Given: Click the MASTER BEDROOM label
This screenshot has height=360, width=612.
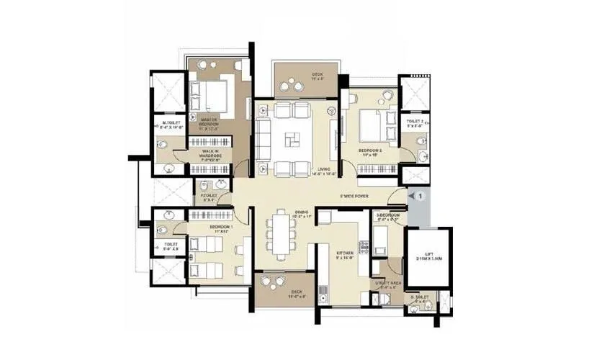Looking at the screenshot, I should [x=209, y=123].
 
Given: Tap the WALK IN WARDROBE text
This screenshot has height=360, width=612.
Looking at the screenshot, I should [x=210, y=153].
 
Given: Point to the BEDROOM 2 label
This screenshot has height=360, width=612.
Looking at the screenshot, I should [x=370, y=152].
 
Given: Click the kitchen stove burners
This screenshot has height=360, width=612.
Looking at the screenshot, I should [x=364, y=249].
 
